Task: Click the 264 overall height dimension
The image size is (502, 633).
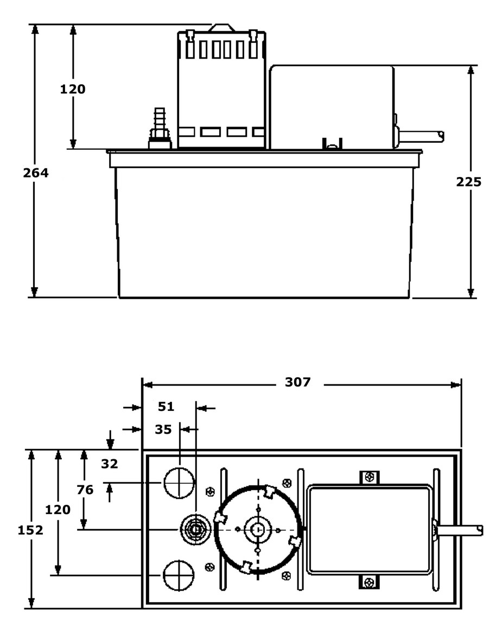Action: click(36, 173)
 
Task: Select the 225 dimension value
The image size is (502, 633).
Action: click(469, 182)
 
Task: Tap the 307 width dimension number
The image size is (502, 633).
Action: click(298, 382)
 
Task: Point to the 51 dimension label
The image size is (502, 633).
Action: click(166, 407)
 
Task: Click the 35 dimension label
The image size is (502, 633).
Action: click(163, 429)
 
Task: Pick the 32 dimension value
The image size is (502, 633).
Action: click(109, 464)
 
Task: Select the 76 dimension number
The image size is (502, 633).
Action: click(85, 490)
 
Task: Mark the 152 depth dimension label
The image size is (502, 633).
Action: click(30, 530)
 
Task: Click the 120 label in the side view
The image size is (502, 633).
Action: click(73, 89)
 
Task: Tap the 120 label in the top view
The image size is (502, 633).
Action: click(58, 510)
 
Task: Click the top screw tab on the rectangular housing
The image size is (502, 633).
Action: click(370, 477)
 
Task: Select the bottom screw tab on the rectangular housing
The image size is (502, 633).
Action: click(370, 582)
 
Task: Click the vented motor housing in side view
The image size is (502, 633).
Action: click(221, 90)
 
